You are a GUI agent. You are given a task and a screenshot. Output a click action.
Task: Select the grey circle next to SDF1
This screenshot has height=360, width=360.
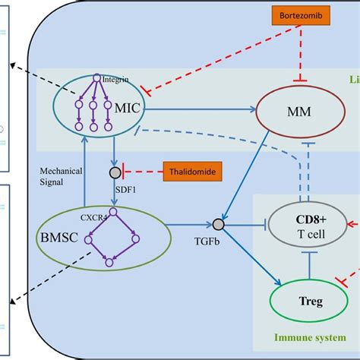pos(115,173)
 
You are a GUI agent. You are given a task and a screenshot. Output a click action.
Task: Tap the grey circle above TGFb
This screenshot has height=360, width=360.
pos(218,225)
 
